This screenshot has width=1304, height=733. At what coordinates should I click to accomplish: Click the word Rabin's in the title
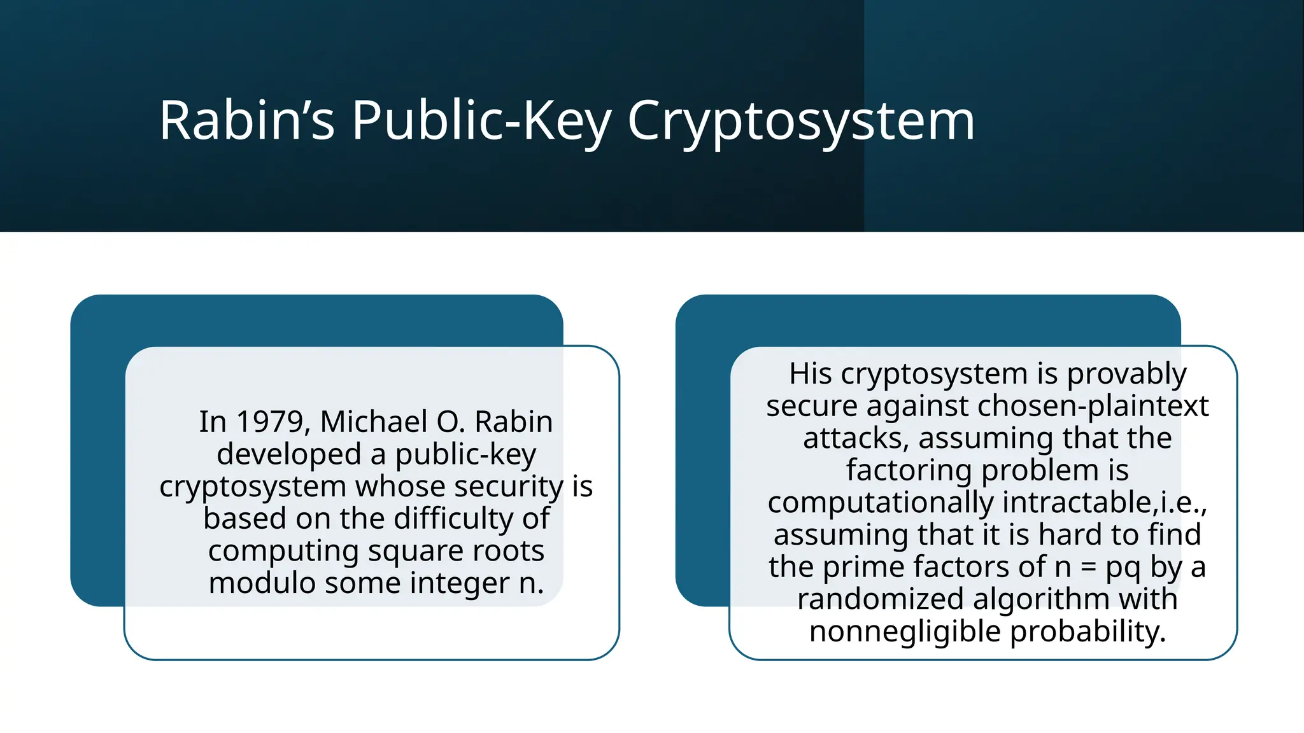(x=246, y=120)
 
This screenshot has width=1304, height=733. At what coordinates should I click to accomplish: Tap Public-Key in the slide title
(x=481, y=120)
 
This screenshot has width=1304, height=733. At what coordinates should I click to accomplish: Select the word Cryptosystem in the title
(x=801, y=120)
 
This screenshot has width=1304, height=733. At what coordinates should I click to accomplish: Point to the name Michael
(x=374, y=422)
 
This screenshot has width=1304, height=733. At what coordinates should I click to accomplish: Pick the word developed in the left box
(x=289, y=454)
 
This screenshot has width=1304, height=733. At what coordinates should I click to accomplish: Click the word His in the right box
(x=811, y=373)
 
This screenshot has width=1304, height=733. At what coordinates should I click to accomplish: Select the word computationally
(x=880, y=503)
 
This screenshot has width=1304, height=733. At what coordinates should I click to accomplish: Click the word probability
(x=1088, y=632)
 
